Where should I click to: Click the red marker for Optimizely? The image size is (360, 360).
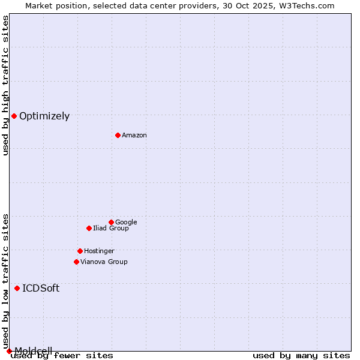pos(14,116)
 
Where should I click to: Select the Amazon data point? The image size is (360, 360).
pos(118,135)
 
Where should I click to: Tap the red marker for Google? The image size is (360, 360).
pos(111,222)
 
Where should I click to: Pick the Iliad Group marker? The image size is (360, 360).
pos(89,228)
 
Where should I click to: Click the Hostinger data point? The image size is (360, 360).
pos(80,251)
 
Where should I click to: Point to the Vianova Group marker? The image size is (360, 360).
pos(76,262)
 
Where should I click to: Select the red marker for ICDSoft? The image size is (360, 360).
pos(17,288)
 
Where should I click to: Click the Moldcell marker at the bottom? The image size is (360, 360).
pos(9,350)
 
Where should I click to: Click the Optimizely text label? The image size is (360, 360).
pos(44,116)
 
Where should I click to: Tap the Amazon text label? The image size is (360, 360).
pos(134,136)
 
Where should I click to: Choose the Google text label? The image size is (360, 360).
pos(126,222)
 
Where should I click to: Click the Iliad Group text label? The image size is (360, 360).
pos(111,229)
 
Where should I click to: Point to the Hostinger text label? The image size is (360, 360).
pos(99,251)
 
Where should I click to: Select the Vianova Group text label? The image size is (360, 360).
pos(104,262)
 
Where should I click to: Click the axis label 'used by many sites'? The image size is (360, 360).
pos(301,356)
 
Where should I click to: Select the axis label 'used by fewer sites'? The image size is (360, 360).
pos(62,356)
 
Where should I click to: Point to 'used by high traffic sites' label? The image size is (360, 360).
pos(6,85)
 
